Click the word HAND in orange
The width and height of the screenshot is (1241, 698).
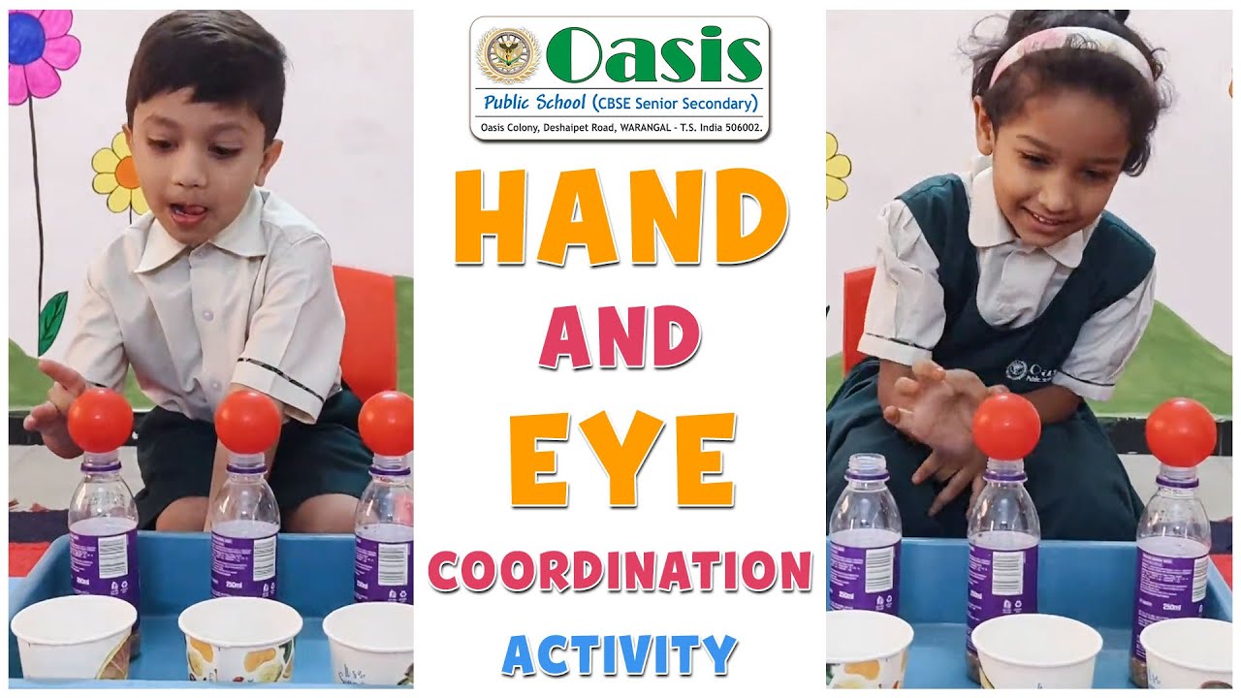(x=620, y=217)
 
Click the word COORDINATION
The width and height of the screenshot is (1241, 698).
(x=620, y=571)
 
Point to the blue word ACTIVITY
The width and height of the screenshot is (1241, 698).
(x=620, y=654)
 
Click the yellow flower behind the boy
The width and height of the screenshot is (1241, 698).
(x=119, y=174)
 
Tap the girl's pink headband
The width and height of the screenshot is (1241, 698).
(x=1066, y=45)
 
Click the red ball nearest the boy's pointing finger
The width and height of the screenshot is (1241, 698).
(x=100, y=420)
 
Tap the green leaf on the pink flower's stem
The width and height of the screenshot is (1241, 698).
(x=53, y=321)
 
